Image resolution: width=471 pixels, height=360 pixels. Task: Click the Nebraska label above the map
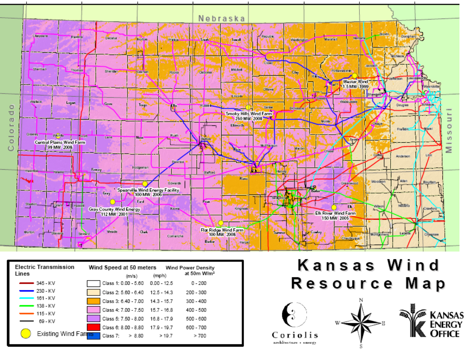point(222,18)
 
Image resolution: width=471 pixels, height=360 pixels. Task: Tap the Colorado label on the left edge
point(11,127)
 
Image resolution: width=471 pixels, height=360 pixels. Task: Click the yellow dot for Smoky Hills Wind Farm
point(248,107)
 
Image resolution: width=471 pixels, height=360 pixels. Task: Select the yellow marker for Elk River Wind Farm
point(334,207)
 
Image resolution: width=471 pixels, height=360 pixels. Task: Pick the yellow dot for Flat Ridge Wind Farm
point(220,223)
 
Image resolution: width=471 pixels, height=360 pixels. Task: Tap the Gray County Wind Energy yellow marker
point(112,202)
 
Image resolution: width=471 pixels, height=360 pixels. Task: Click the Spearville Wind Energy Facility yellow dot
point(145,183)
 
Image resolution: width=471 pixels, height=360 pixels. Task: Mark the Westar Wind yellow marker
point(355,76)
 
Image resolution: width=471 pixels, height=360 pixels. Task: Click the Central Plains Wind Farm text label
point(60,142)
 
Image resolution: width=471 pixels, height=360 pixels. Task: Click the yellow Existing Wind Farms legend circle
point(26,333)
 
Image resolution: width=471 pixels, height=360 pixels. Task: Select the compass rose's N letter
point(361,300)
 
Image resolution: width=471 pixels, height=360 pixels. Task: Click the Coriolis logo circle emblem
point(294,315)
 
